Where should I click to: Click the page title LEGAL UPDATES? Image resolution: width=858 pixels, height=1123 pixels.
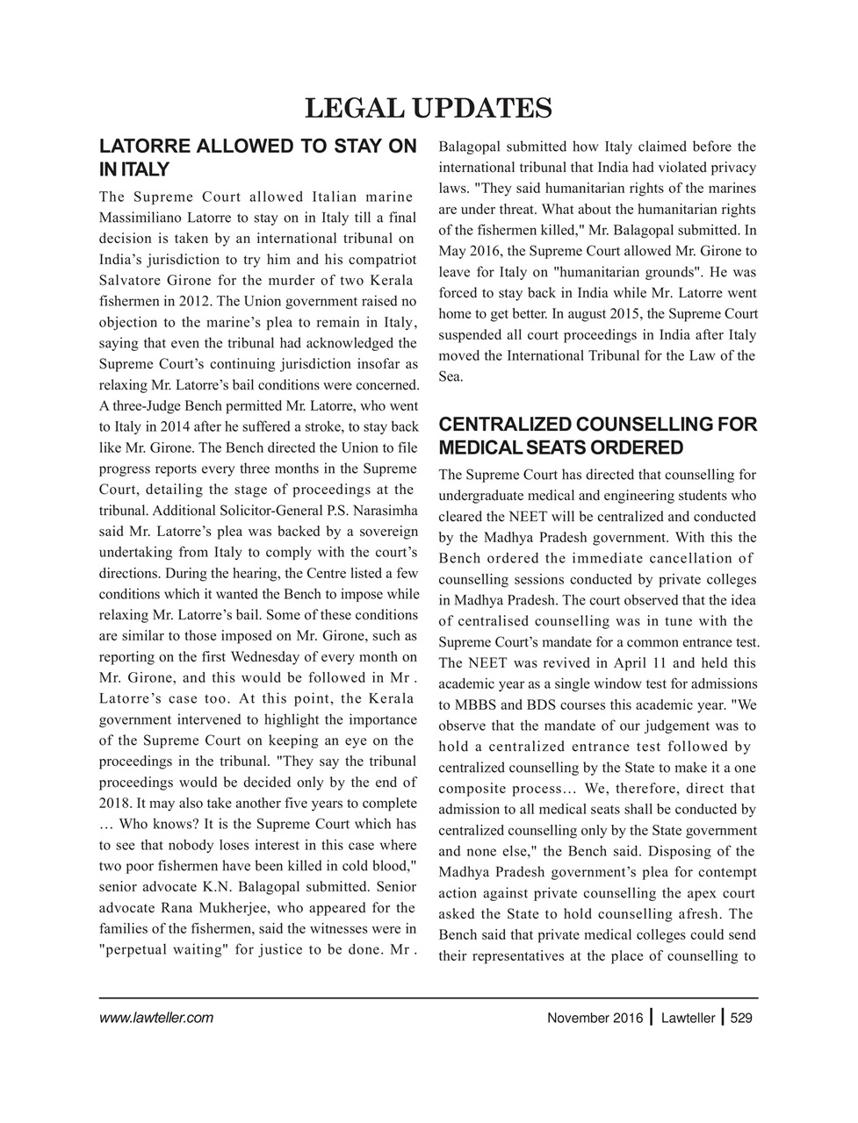(428, 109)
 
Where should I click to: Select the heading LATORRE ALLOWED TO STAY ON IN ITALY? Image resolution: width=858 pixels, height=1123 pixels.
(257, 158)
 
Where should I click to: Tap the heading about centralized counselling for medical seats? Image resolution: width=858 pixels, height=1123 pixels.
(596, 436)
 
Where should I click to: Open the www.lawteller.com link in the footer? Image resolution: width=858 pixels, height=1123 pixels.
(156, 1019)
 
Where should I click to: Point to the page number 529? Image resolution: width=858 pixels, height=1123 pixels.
(742, 1019)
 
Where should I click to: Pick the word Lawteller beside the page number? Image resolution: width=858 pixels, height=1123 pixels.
(688, 1019)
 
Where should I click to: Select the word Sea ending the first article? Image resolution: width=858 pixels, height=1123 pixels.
(449, 376)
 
